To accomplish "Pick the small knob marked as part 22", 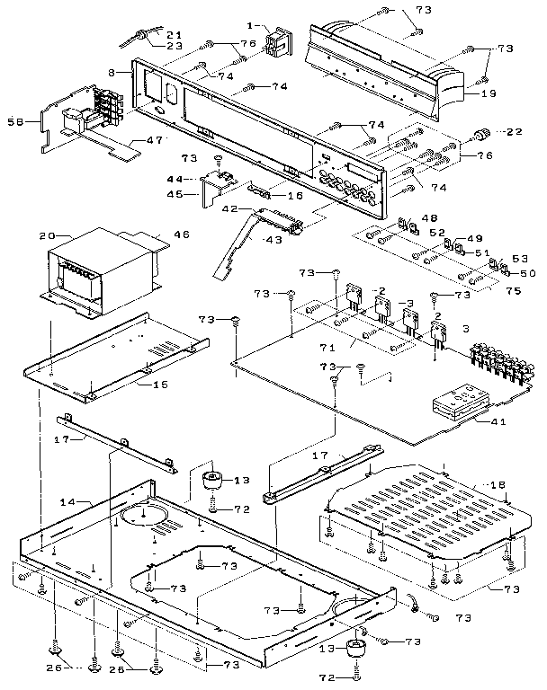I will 482,134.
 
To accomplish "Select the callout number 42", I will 229,208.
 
